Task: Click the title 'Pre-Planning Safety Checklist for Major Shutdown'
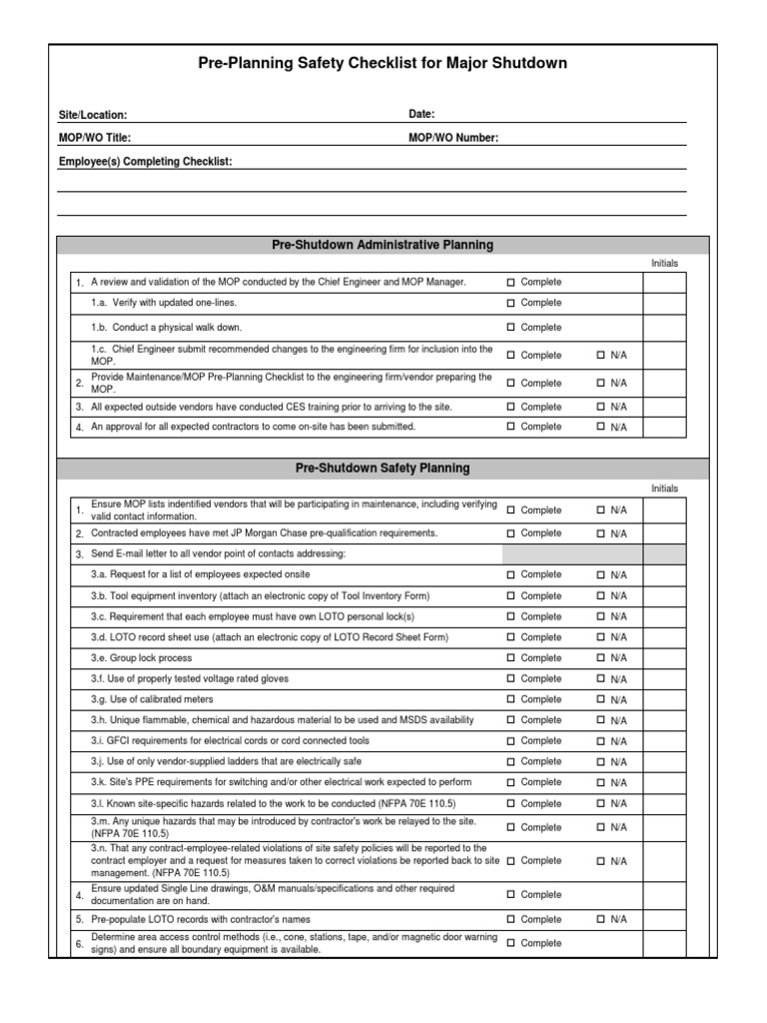coord(383,63)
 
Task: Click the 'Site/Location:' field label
coord(93,116)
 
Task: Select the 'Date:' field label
coord(421,115)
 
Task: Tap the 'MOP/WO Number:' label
coord(453,138)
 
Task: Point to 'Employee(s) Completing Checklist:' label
coord(145,161)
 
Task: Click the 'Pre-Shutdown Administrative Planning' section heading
coord(383,245)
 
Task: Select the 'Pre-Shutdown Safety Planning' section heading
coord(383,468)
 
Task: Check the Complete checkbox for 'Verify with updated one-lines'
coord(510,303)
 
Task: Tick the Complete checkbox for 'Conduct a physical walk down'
coord(510,328)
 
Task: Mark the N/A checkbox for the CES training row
coord(601,407)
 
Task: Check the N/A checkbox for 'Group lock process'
coord(601,658)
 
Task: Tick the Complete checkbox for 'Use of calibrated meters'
coord(510,699)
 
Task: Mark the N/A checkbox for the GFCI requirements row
coord(601,741)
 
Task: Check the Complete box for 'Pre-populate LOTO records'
coord(510,919)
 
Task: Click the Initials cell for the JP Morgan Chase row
coord(664,533)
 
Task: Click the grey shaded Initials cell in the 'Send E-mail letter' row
coord(664,553)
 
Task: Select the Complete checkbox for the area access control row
coord(510,943)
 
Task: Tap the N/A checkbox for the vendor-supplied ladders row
coord(601,762)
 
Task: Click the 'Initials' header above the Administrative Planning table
coord(664,263)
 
